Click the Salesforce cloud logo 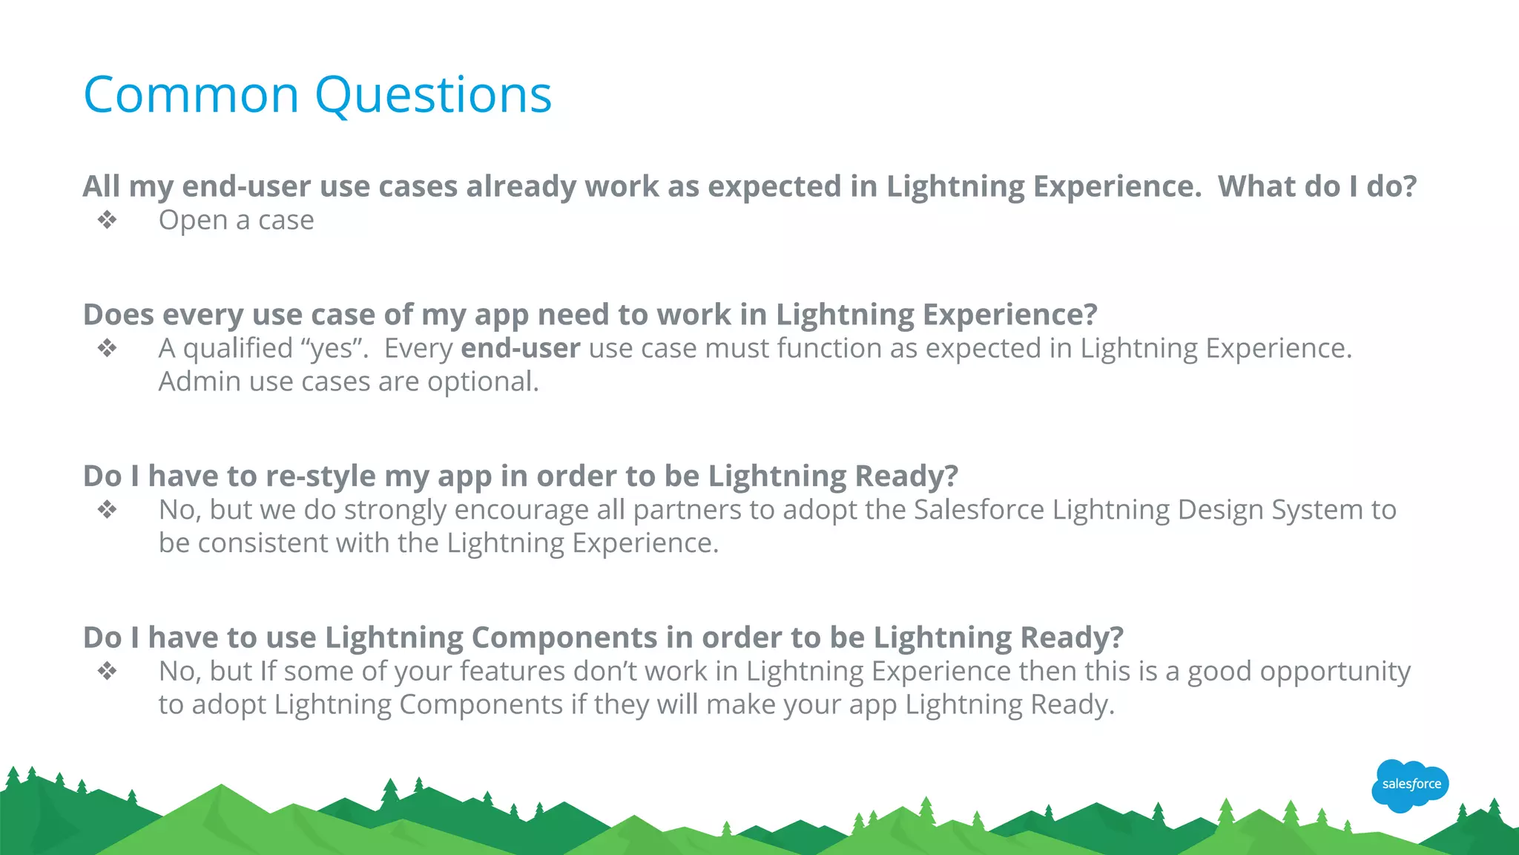(x=1410, y=785)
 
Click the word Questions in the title (x=433, y=96)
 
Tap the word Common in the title (x=191, y=96)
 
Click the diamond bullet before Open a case (x=108, y=220)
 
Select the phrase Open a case (x=236, y=220)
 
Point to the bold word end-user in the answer (x=520, y=348)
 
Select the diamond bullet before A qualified (x=108, y=348)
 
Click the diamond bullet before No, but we (x=108, y=510)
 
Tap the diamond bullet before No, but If (x=108, y=672)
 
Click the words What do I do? (x=1317, y=186)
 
